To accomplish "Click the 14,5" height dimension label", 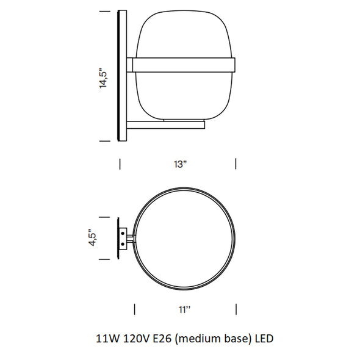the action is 103,78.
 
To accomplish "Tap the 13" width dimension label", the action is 180,164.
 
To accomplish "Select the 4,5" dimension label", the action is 93,237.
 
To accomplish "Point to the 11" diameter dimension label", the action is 185,310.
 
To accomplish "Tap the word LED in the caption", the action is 264,339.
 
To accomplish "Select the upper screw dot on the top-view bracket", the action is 123,234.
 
